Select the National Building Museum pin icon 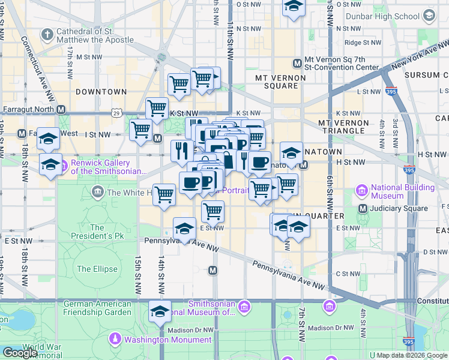[362, 191]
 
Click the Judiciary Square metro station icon [363, 208]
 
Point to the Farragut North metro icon [61, 110]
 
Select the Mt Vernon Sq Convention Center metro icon [297, 63]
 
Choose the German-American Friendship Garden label [98, 307]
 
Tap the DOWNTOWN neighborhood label [101, 92]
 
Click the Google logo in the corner [20, 353]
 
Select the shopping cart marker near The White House [163, 194]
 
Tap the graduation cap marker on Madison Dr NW [160, 311]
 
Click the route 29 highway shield [116, 112]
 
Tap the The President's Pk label [97, 232]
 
